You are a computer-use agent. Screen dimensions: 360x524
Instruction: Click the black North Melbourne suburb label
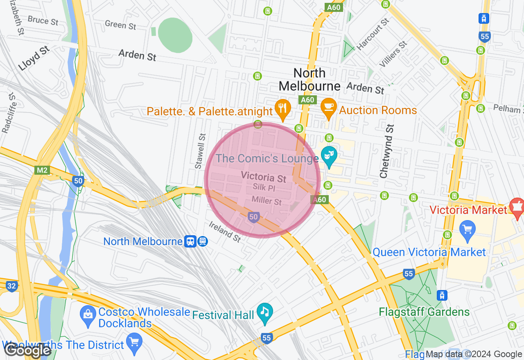click(309, 79)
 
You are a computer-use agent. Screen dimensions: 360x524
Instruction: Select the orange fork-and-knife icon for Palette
click(282, 108)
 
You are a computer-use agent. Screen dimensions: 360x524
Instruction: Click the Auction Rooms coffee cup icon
click(328, 108)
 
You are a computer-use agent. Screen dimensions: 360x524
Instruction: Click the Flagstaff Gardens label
click(424, 312)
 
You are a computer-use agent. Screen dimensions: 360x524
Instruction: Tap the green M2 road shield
click(42, 170)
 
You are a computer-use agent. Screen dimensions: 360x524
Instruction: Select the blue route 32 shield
click(12, 286)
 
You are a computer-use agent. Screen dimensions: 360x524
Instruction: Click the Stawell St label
click(200, 151)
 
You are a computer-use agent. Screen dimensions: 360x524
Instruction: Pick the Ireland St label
click(225, 232)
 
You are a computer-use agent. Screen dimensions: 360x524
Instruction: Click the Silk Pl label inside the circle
click(264, 188)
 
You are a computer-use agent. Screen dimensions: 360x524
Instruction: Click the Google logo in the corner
click(27, 351)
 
